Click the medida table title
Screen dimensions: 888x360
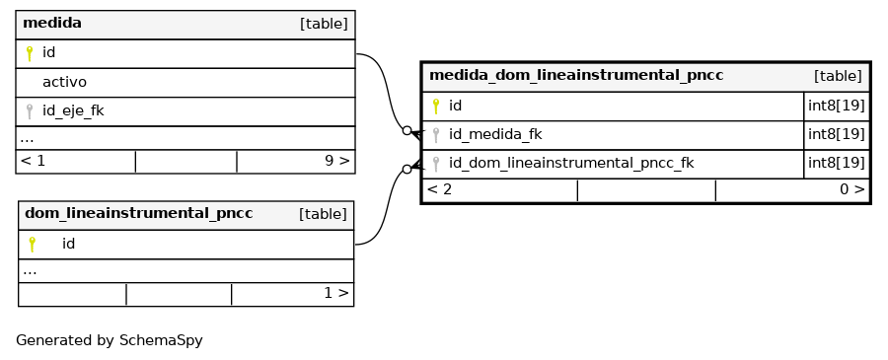52,24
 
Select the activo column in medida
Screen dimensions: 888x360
64,82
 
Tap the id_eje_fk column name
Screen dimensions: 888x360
73,110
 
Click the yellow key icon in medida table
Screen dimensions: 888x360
30,53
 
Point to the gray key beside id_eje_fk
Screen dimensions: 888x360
30,111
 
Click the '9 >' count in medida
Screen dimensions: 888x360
337,161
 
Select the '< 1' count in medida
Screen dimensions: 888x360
33,161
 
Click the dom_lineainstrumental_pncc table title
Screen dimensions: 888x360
139,213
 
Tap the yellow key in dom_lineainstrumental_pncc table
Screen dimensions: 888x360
32,244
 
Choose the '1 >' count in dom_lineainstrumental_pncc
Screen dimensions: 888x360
336,293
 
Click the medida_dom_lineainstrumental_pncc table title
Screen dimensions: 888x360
576,75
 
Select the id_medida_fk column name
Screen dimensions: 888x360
495,135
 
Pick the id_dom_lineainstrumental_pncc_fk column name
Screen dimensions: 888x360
571,164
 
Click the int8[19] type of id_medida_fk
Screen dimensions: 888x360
837,135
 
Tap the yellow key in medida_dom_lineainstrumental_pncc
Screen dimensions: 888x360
435,106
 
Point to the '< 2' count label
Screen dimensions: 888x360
439,189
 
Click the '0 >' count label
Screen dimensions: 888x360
852,189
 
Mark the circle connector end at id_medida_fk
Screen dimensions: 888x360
407,131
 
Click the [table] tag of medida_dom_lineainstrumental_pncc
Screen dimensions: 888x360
838,76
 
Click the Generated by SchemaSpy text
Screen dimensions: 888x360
110,340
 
